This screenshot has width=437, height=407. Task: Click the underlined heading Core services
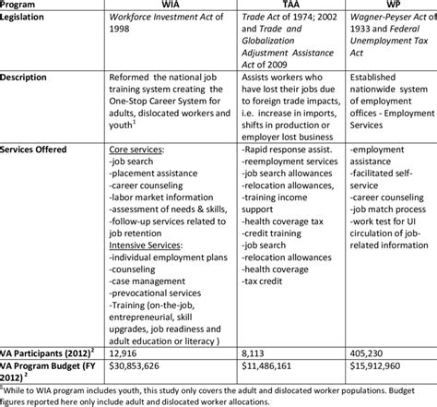point(137,148)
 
